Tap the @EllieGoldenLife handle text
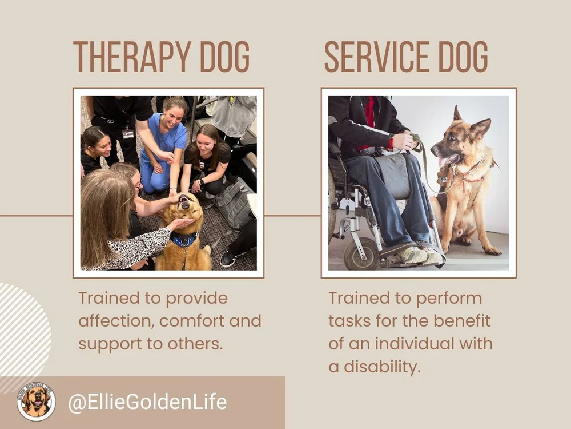147,402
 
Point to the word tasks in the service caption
348,321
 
